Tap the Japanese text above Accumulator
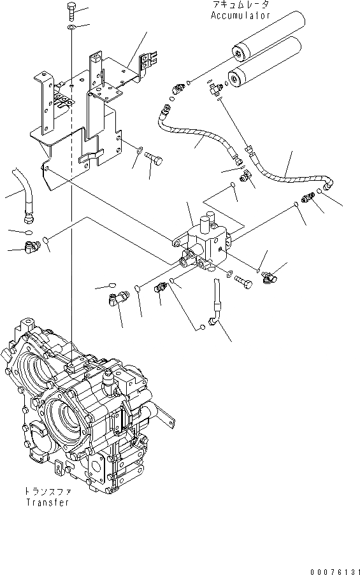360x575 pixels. pos(241,5)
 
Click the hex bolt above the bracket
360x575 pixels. pos(70,11)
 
